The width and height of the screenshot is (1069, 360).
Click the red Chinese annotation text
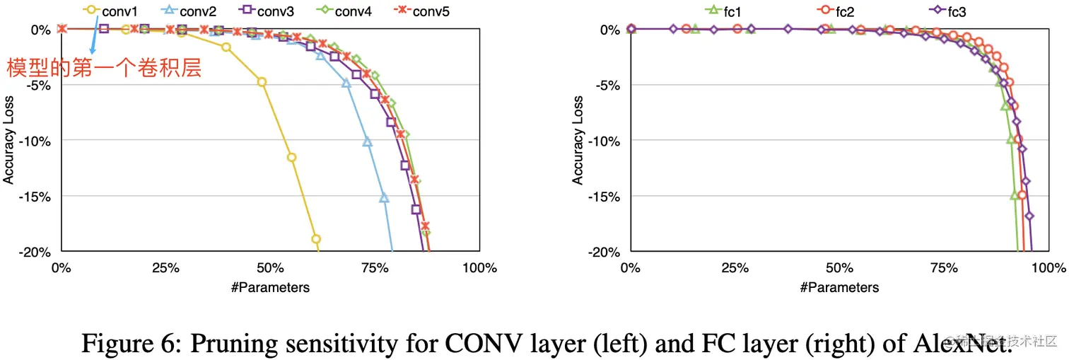(104, 69)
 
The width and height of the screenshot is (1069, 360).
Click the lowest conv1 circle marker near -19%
(316, 239)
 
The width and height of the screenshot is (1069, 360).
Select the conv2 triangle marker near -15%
(384, 198)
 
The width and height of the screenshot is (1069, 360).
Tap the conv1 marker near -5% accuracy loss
(262, 82)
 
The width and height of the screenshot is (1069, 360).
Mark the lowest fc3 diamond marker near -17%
(1029, 216)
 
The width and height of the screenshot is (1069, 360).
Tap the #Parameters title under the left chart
(269, 287)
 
